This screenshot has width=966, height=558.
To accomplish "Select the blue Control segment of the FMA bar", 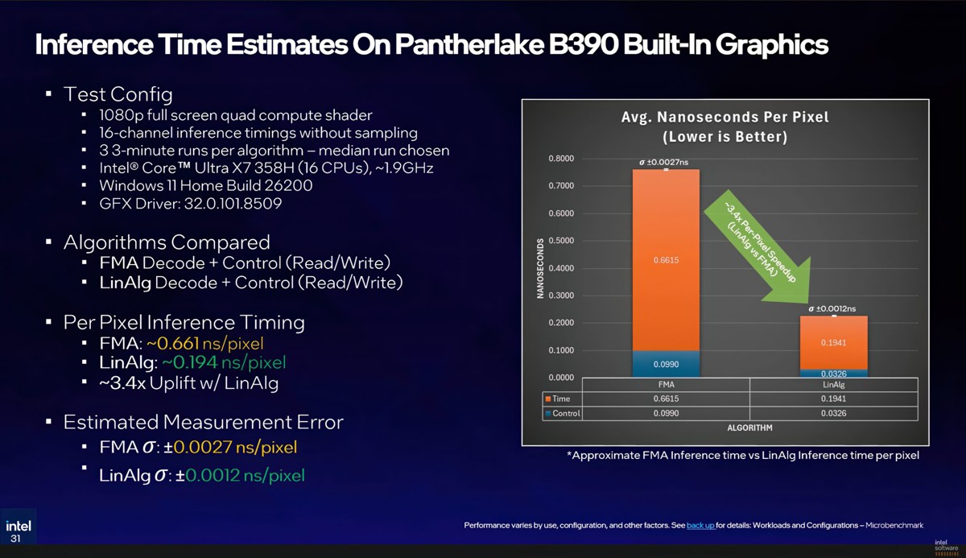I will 665,364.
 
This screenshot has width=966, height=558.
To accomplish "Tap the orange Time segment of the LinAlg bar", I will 833,342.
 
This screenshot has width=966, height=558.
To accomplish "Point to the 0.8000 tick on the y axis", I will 560,159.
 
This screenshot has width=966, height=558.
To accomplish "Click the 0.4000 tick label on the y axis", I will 560,268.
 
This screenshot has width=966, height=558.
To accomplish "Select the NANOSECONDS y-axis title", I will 540,268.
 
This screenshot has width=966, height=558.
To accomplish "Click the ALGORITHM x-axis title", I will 749,428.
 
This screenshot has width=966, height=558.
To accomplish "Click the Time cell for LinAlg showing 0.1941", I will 833,399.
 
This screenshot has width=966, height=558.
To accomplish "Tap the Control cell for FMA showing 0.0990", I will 665,413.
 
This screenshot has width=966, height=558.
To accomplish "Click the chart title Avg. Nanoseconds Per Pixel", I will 724,118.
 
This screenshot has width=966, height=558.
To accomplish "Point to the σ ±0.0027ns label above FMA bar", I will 664,163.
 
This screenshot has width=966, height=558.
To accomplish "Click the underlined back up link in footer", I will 700,525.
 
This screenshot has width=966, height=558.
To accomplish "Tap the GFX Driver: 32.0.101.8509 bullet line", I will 190,204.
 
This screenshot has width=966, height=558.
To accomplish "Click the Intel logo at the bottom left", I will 19,527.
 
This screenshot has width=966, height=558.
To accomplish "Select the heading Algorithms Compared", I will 167,242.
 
